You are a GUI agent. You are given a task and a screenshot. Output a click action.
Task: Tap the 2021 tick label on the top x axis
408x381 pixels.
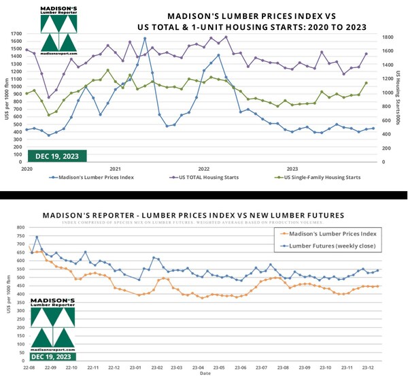(x=115, y=167)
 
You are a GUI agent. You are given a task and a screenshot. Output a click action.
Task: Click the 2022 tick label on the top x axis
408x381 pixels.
(x=204, y=167)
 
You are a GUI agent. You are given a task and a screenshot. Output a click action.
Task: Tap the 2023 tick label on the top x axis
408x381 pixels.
(x=293, y=167)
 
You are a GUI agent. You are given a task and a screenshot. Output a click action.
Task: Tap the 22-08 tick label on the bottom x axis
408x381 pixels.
(x=29, y=367)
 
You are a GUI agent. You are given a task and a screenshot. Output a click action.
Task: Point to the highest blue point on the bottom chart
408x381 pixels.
(x=37, y=237)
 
